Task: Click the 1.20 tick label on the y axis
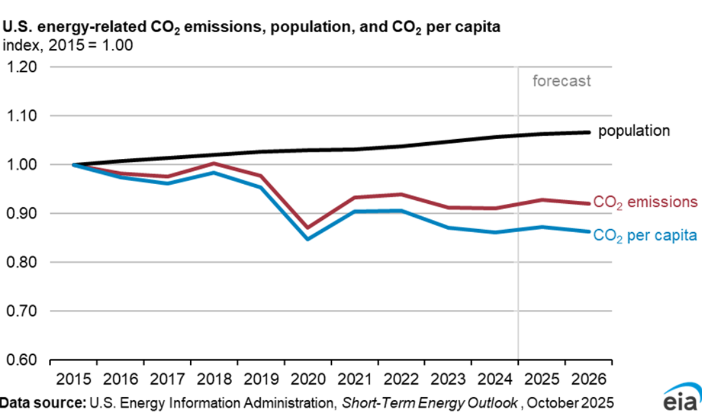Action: [x=22, y=67]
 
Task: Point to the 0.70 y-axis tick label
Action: [x=22, y=311]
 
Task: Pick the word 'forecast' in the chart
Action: [x=561, y=81]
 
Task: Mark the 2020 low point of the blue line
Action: [x=308, y=239]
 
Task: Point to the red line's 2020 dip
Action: [x=308, y=227]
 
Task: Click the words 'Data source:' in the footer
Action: [x=43, y=403]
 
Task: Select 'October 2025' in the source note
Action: [x=570, y=403]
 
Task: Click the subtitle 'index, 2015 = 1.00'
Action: [x=68, y=45]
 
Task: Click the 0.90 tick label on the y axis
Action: [x=22, y=214]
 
